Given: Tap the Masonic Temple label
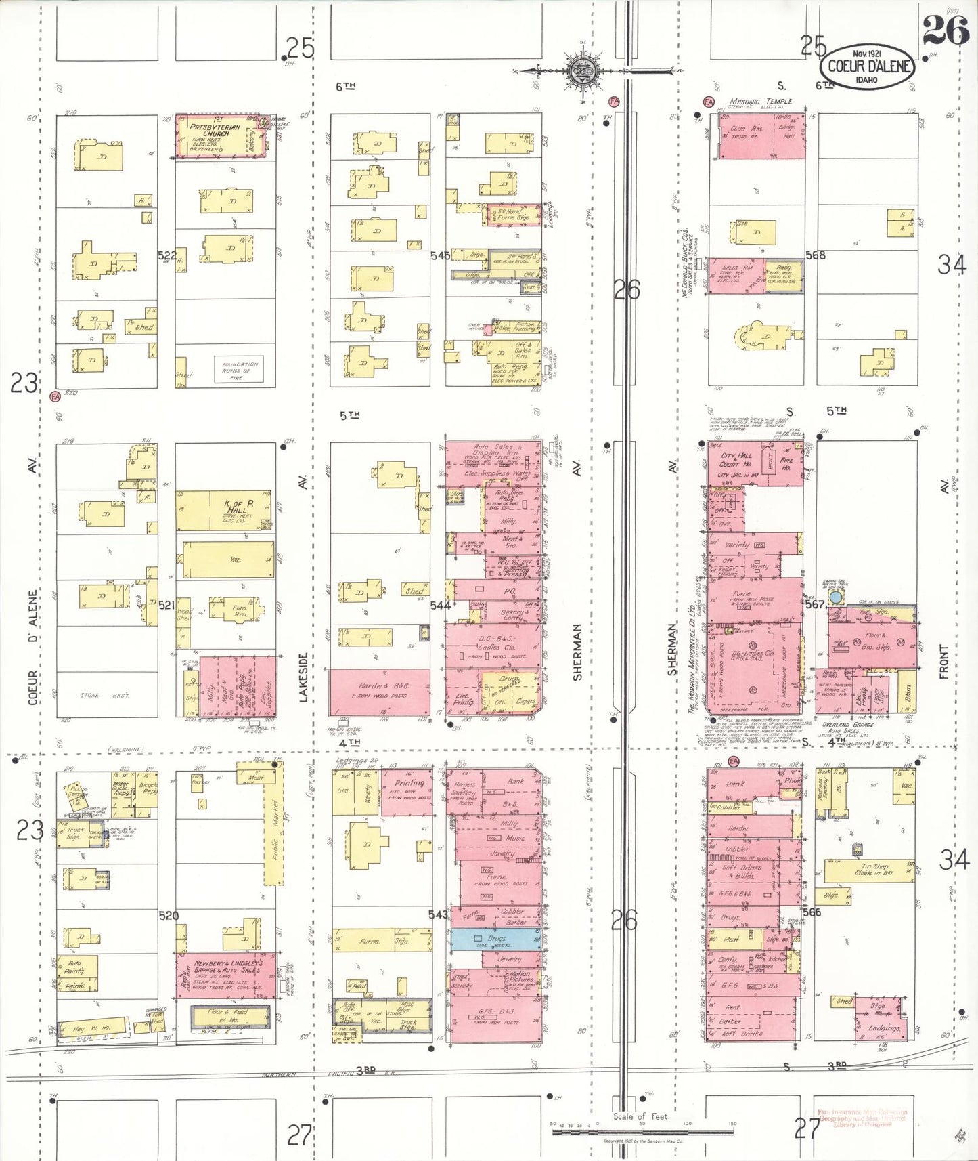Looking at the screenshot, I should (760, 102).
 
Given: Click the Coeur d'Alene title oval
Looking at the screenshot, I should (867, 67).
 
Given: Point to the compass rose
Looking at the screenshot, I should (581, 70).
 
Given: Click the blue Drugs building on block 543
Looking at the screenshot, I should (496, 939).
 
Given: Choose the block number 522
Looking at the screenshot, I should (166, 255).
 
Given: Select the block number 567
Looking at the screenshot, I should (814, 604).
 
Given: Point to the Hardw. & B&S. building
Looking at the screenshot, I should (380, 691).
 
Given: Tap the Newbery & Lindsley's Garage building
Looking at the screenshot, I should (226, 975).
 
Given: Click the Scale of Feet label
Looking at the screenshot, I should (640, 1116).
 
